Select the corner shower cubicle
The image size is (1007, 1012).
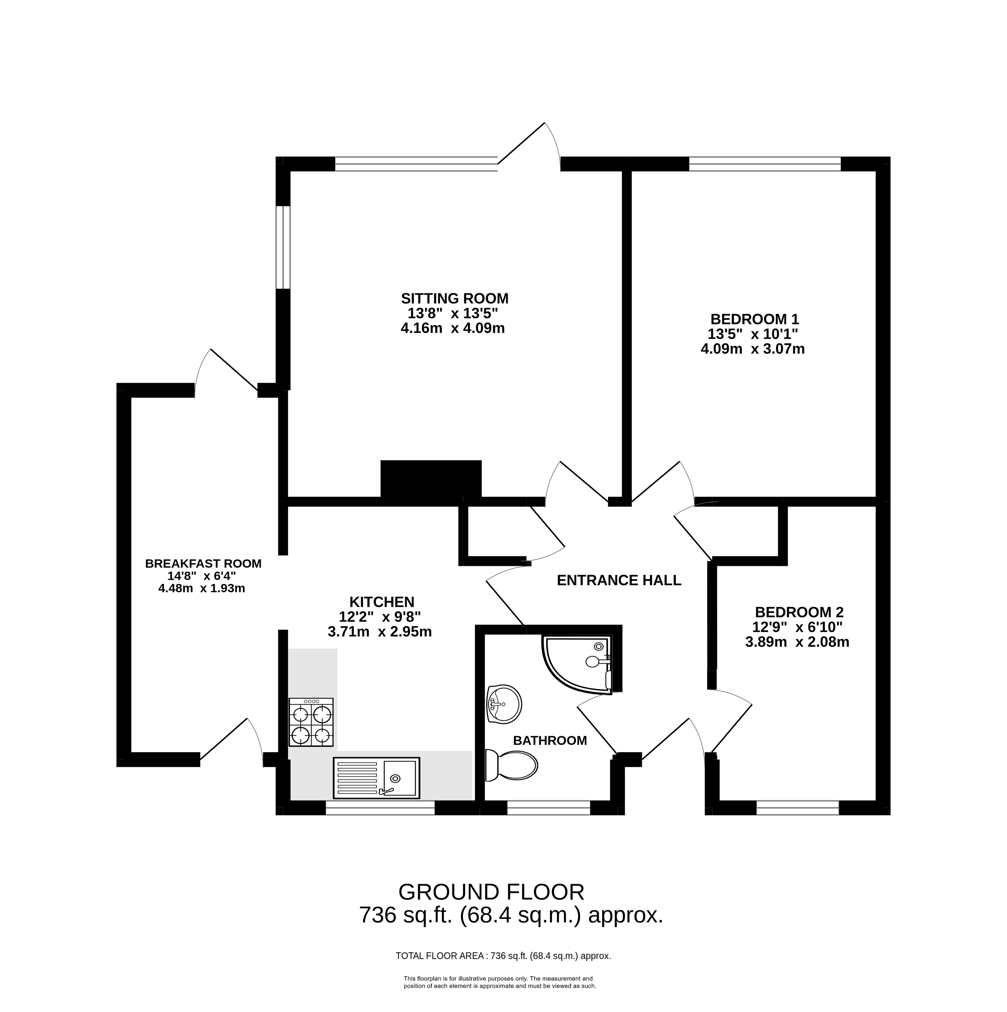578,665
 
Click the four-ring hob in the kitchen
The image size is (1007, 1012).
311,722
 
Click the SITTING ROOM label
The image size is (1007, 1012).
454,298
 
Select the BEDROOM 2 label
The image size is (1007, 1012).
800,612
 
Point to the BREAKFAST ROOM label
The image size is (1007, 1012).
203,564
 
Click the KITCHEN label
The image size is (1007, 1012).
382,602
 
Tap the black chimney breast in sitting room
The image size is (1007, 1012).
431,478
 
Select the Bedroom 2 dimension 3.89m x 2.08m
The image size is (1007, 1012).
797,642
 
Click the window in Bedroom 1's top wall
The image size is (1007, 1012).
765,164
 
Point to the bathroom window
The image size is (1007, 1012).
549,808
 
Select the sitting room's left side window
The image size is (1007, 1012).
283,247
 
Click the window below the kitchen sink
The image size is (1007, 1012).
380,808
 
